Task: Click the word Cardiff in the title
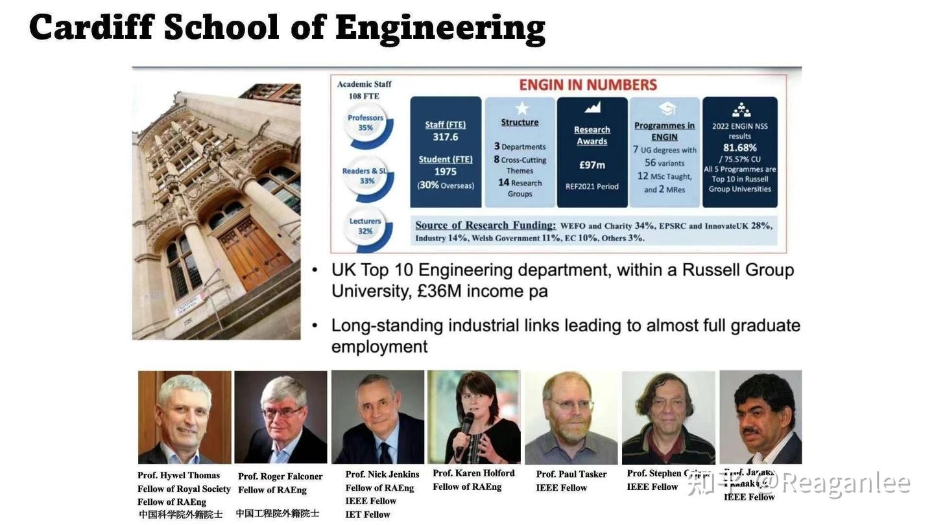[x=90, y=27]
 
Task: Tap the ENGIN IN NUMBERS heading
[x=588, y=85]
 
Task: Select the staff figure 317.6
[x=446, y=137]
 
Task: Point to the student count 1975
[x=446, y=172]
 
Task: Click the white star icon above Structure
[x=521, y=108]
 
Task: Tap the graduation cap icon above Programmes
[x=666, y=108]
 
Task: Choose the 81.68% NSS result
[x=740, y=148]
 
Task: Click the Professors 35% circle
[x=366, y=123]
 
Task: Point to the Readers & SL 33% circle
[x=366, y=176]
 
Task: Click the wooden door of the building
[x=254, y=253]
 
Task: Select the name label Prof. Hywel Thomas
[x=178, y=475]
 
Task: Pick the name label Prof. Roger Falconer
[x=280, y=476]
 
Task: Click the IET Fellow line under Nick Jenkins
[x=368, y=515]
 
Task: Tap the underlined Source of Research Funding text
[x=485, y=225]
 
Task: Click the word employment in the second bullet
[x=379, y=347]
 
